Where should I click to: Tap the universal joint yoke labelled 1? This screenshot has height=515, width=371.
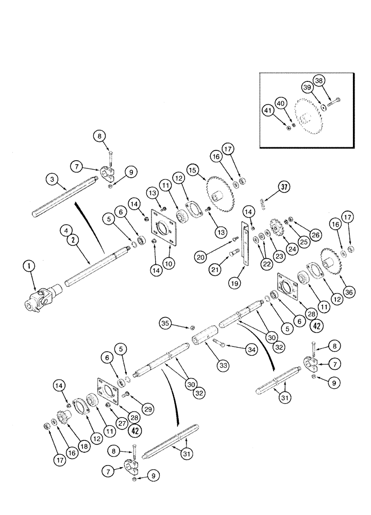click(x=40, y=299)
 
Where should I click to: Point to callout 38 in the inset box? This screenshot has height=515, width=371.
click(x=332, y=81)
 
